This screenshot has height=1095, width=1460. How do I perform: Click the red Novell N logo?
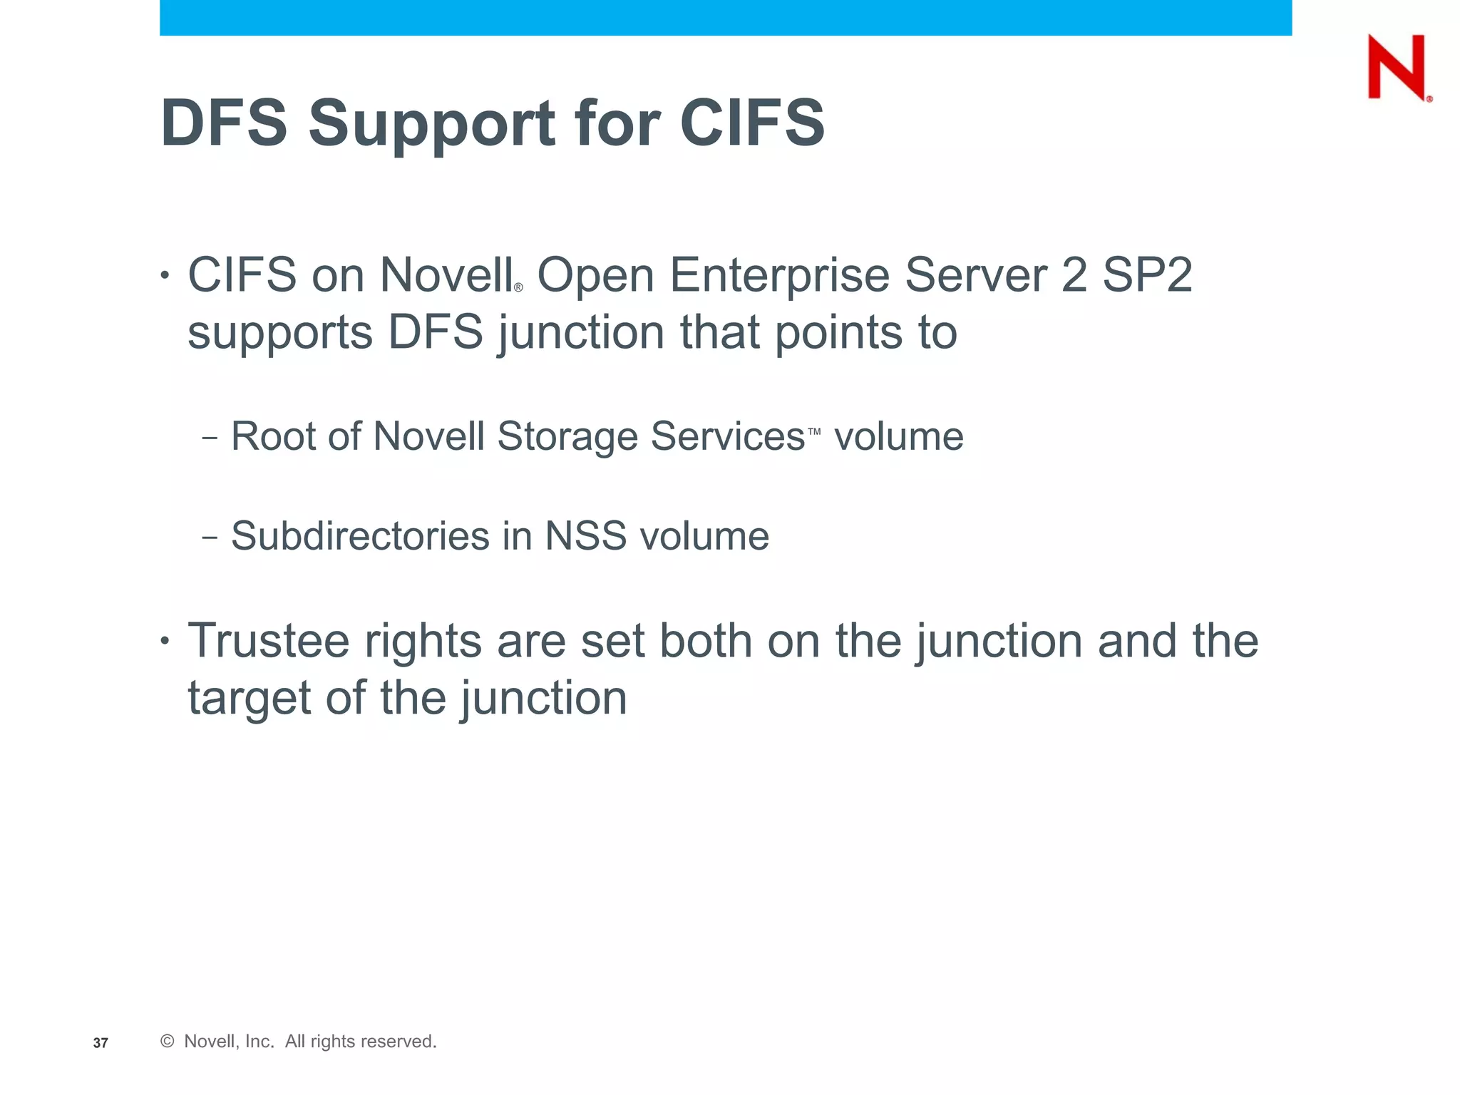click(x=1397, y=68)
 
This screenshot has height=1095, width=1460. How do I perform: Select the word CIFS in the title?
click(x=752, y=123)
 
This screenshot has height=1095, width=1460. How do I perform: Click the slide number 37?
click(x=101, y=1043)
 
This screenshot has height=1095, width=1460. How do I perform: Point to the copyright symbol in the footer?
click(x=168, y=1042)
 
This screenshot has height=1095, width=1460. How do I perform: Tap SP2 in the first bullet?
click(x=1147, y=275)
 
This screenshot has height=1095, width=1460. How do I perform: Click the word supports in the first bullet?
click(x=280, y=334)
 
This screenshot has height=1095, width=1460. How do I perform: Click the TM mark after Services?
click(x=814, y=431)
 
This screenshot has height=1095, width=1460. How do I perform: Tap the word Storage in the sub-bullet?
click(x=567, y=437)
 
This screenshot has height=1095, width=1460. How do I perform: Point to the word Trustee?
click(x=268, y=641)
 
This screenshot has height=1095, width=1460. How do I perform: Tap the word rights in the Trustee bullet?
click(x=423, y=642)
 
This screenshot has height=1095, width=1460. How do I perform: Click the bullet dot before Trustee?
click(x=165, y=641)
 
